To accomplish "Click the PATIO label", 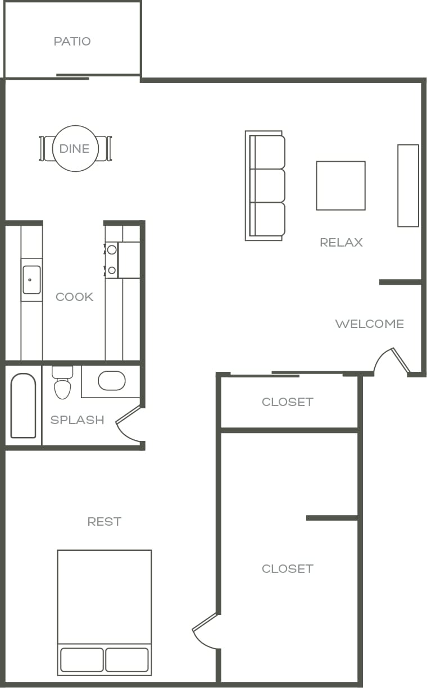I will click(72, 42).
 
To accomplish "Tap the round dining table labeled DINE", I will click(75, 148).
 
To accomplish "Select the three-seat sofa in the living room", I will click(266, 185).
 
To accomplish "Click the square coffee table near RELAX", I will click(340, 185).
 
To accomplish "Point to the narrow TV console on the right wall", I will click(408, 185).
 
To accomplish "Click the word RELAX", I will click(341, 243).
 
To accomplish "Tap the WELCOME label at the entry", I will click(369, 324).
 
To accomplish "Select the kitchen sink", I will click(31, 280).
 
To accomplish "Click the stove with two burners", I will click(112, 259).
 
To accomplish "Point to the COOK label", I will click(74, 297).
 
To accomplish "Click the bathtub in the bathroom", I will click(23, 405).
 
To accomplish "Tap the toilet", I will click(62, 382).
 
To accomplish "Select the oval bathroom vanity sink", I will click(112, 381).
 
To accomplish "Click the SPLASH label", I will click(77, 420).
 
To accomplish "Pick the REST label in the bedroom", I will click(104, 522).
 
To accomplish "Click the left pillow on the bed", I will click(81, 660).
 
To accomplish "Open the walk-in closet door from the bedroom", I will click(206, 631).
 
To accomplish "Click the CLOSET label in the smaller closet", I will click(287, 402).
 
